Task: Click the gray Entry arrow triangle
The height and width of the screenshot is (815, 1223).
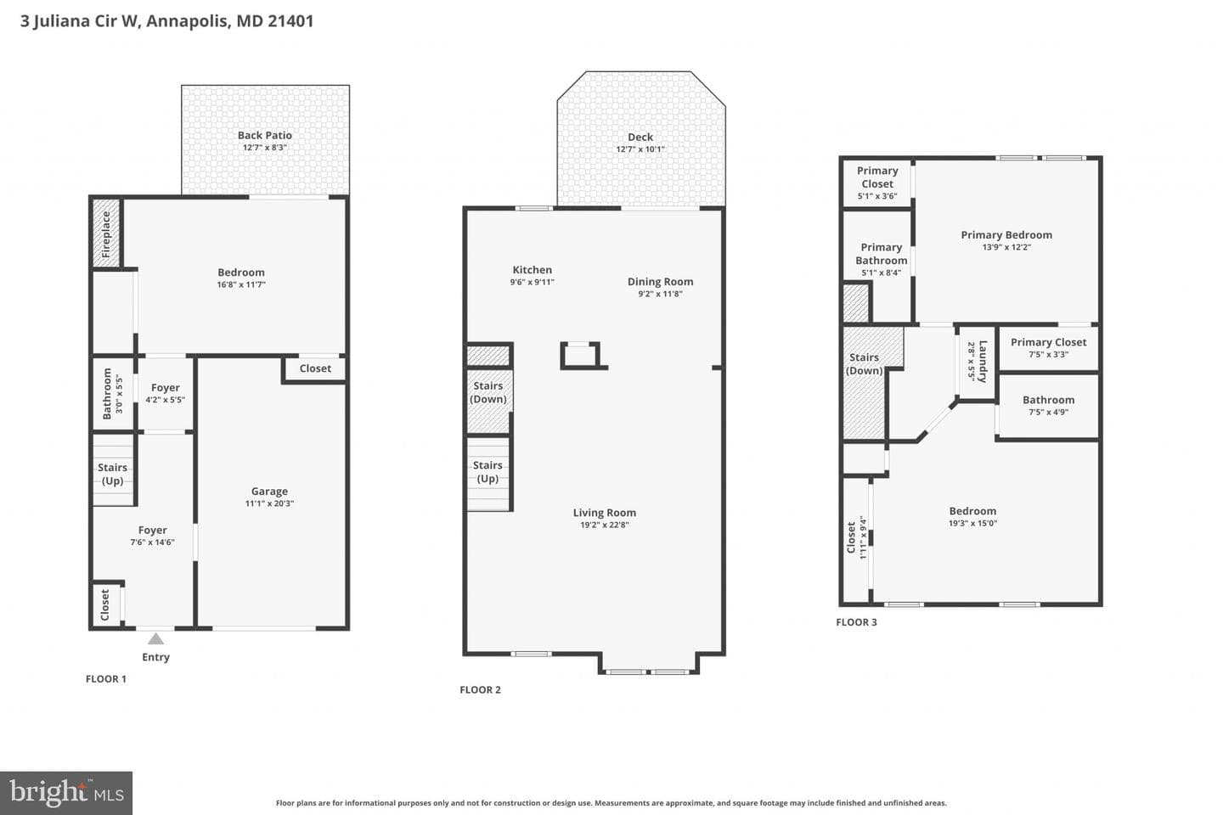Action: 155,638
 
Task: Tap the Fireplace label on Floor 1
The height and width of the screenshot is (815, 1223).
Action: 106,234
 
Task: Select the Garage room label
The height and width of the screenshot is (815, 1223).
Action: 269,492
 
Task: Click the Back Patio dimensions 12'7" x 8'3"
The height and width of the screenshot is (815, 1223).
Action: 265,148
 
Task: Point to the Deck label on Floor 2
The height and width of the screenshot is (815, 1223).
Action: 640,137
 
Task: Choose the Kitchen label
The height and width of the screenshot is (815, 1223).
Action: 533,270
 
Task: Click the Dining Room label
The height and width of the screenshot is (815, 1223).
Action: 660,282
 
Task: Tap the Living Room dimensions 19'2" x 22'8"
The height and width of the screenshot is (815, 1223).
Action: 605,526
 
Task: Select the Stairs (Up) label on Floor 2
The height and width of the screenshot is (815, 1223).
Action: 488,472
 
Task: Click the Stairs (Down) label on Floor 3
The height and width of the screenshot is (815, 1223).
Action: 865,364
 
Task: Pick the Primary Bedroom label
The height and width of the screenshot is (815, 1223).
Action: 1006,234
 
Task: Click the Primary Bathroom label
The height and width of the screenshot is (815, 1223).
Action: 882,254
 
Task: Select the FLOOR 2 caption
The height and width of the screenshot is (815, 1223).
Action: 480,690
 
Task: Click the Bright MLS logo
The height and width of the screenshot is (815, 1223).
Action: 66,793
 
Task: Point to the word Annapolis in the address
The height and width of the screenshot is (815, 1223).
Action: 188,20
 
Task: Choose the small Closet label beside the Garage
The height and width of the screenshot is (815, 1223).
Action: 315,368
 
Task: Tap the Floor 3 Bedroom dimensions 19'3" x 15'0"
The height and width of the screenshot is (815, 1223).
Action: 972,523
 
